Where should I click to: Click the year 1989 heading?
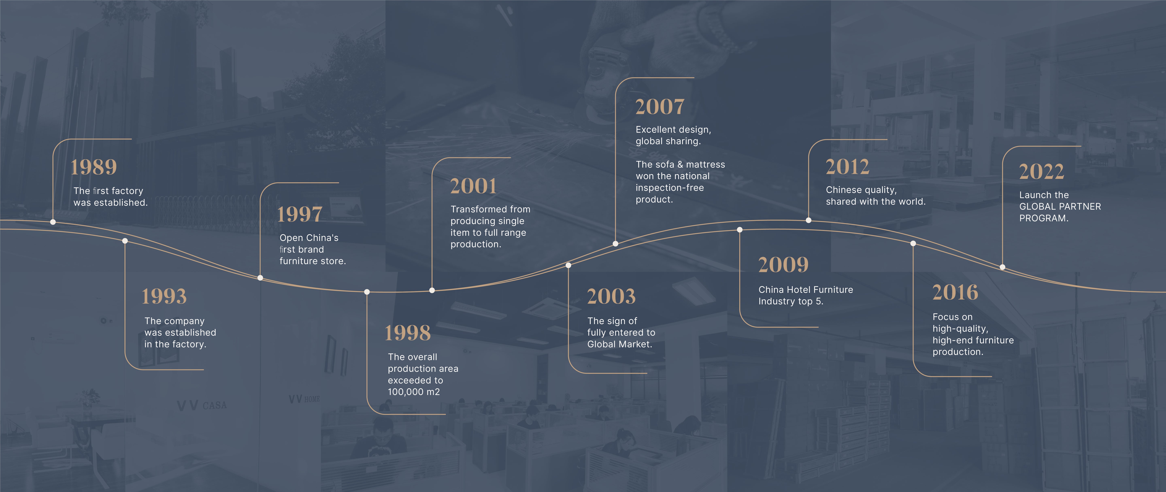94,167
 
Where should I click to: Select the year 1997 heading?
300,214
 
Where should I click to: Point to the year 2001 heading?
473,186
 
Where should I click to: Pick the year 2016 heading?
955,292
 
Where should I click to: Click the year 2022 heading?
1042,171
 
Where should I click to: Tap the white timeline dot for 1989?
53,222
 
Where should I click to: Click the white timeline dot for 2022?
1003,267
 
